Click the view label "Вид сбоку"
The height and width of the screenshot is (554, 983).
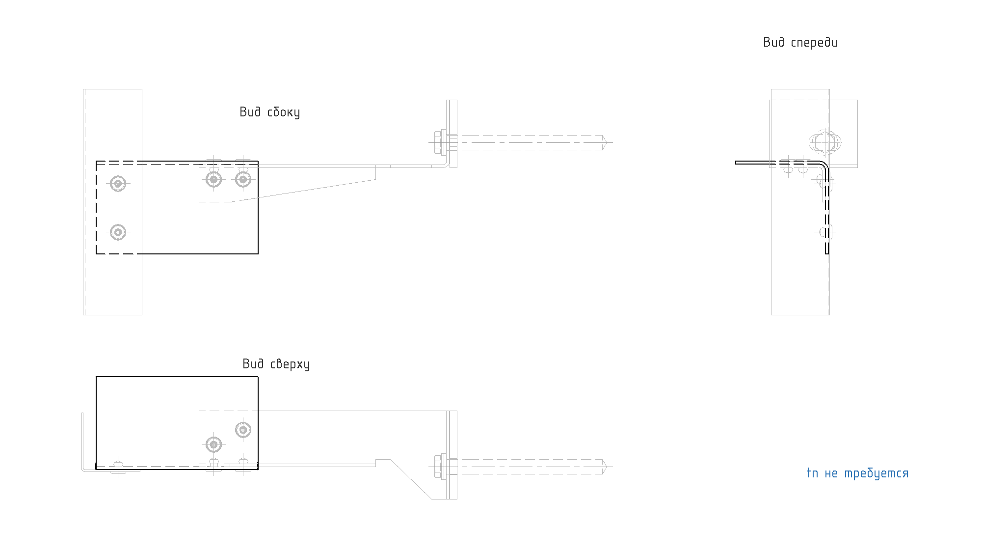click(x=269, y=112)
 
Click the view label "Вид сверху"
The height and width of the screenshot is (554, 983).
click(x=276, y=364)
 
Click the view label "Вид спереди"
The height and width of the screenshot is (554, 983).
click(x=800, y=43)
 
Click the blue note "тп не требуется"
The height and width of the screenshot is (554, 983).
click(x=857, y=473)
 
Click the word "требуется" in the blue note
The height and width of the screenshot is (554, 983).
click(x=877, y=473)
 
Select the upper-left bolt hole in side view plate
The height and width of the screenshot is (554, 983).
click(x=118, y=184)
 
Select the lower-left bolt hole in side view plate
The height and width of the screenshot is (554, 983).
click(x=118, y=232)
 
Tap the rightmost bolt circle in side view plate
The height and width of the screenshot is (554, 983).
click(x=243, y=179)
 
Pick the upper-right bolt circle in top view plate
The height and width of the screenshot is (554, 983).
click(x=243, y=430)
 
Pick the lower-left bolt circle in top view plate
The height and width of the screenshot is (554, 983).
click(x=213, y=445)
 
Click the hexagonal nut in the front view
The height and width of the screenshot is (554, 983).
click(x=825, y=142)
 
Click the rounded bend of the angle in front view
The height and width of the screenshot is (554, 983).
click(x=824, y=165)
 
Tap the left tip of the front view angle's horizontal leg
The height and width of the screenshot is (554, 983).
click(x=736, y=162)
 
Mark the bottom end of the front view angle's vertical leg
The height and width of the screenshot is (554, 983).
click(x=827, y=253)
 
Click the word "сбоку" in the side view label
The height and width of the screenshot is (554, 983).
click(x=284, y=112)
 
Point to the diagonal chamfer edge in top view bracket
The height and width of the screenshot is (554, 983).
click(x=411, y=479)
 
